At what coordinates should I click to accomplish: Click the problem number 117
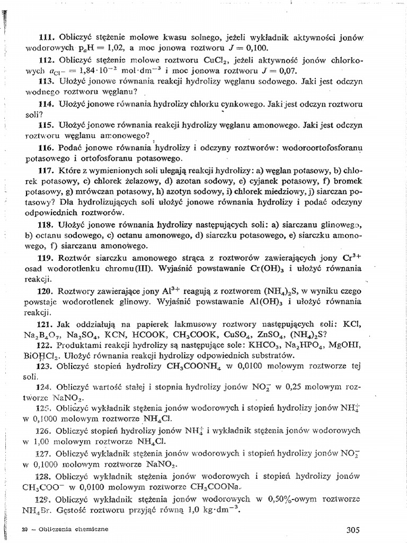(47, 171)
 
